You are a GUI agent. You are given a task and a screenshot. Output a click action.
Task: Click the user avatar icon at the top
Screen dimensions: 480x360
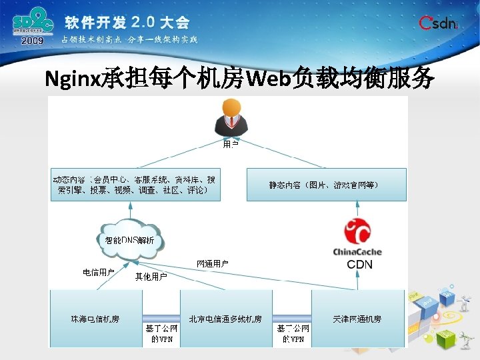(x=231, y=118)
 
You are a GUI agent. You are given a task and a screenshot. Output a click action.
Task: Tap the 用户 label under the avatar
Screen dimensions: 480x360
(x=230, y=143)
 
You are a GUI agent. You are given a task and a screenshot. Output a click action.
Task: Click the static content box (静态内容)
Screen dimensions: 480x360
(x=324, y=185)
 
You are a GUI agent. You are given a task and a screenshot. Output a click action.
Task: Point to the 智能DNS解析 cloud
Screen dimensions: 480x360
(x=130, y=239)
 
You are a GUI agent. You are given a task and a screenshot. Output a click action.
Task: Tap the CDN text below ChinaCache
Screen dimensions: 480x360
(x=359, y=265)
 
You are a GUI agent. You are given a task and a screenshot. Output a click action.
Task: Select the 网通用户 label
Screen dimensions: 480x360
(x=213, y=264)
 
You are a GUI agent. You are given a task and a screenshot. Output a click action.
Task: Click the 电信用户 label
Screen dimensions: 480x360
(x=99, y=272)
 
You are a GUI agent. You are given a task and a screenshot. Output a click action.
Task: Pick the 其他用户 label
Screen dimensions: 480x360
(x=151, y=276)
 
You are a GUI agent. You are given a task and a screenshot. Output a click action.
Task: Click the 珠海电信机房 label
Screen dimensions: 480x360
(x=95, y=319)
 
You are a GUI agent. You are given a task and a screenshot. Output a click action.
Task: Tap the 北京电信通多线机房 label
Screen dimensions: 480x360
(x=225, y=319)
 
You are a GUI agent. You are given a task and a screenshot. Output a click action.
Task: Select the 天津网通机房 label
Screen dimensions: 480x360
(x=357, y=319)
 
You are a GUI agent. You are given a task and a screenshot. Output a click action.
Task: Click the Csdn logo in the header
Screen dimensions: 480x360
(x=438, y=23)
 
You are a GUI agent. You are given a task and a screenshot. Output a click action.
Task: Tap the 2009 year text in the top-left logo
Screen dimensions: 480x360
(x=32, y=41)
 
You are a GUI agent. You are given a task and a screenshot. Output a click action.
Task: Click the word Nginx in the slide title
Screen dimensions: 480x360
(x=73, y=81)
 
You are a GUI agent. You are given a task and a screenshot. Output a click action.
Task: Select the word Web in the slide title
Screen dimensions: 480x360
(x=269, y=81)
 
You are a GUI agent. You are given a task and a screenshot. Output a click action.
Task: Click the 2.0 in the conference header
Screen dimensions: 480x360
(x=146, y=22)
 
